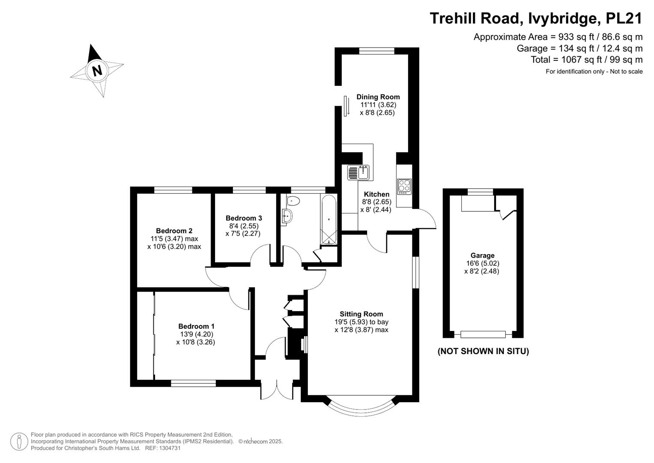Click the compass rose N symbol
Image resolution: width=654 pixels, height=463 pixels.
pos(97,71)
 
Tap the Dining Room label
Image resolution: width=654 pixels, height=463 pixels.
pos(378,97)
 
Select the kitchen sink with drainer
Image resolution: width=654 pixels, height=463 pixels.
pos(358,172)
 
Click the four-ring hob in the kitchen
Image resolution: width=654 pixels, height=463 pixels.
pos(404,186)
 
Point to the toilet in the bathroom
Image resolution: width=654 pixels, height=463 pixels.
pos(293,201)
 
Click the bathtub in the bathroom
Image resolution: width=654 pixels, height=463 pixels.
pos(329,219)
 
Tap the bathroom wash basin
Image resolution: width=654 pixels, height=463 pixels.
pos(287,217)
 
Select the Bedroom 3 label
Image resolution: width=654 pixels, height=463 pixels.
pos(244,218)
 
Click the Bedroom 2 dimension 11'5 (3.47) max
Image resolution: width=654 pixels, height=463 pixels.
pos(174,239)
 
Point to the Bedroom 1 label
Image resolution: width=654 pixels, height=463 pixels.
pos(197,326)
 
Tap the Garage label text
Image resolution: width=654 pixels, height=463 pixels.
pos(482,256)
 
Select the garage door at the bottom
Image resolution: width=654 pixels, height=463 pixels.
pos(483,334)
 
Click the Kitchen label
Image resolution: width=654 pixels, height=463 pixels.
pos(376,194)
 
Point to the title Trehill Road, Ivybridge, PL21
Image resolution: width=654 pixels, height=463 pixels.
pos(536,18)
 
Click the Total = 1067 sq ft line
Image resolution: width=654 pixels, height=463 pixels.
pos(587,60)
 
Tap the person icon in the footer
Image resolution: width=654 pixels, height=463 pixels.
pos(19,442)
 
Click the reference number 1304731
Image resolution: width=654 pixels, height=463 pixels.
pos(169,448)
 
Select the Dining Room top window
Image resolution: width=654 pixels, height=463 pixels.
pos(376,51)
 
